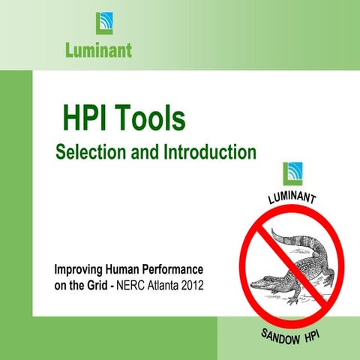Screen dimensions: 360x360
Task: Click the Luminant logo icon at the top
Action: click(x=104, y=23)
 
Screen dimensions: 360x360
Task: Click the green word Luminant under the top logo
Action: click(x=97, y=51)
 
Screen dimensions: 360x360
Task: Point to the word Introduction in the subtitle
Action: click(x=204, y=152)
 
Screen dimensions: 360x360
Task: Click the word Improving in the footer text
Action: click(x=79, y=270)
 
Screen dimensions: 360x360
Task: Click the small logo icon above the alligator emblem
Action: click(x=292, y=174)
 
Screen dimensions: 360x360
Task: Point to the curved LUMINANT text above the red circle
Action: click(x=292, y=199)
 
